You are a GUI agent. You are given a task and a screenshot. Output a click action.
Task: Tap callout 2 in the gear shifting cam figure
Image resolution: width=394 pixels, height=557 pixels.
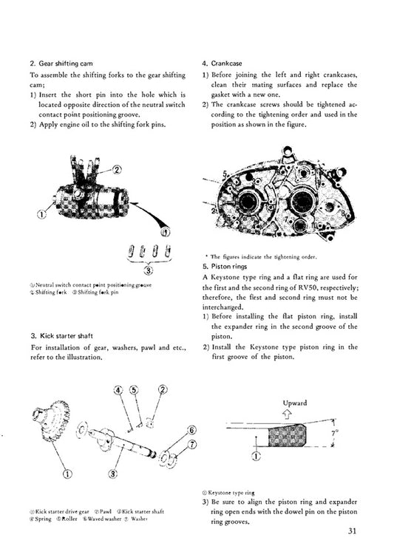coord(116,170)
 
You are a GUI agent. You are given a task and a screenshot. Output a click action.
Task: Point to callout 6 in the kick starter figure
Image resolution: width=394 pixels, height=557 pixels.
coord(191,429)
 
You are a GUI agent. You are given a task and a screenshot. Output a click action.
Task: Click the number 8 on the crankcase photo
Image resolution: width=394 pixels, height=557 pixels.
coord(346,216)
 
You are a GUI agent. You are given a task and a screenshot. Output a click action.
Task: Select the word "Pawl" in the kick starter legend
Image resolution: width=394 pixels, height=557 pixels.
coord(106,510)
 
